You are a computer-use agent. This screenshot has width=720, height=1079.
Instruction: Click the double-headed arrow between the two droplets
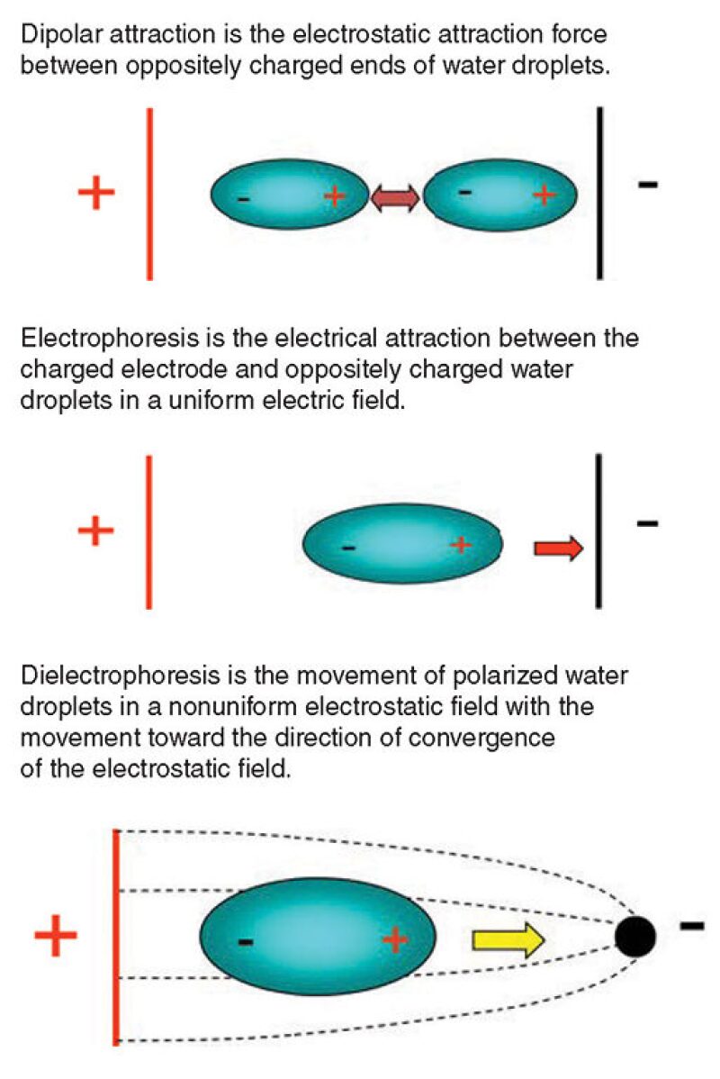395,198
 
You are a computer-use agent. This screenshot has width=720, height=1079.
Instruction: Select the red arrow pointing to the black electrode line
558,548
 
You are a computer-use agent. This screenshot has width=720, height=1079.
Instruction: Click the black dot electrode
635,938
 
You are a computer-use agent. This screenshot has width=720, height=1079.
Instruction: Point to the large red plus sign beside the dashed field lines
56,937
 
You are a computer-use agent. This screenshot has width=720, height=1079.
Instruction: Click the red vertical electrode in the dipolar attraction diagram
149,193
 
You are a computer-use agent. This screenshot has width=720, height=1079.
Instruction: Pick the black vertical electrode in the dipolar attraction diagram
599,193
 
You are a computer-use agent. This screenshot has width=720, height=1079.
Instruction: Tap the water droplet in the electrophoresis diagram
402,545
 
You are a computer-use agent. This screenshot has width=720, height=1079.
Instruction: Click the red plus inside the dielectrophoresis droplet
394,940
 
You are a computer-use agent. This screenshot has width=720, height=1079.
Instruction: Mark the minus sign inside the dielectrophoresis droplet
245,942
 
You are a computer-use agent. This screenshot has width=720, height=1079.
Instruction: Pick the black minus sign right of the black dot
691,925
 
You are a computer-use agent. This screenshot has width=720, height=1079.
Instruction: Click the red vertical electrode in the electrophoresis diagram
148,531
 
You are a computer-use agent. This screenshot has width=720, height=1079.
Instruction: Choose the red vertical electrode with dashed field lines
116,937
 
